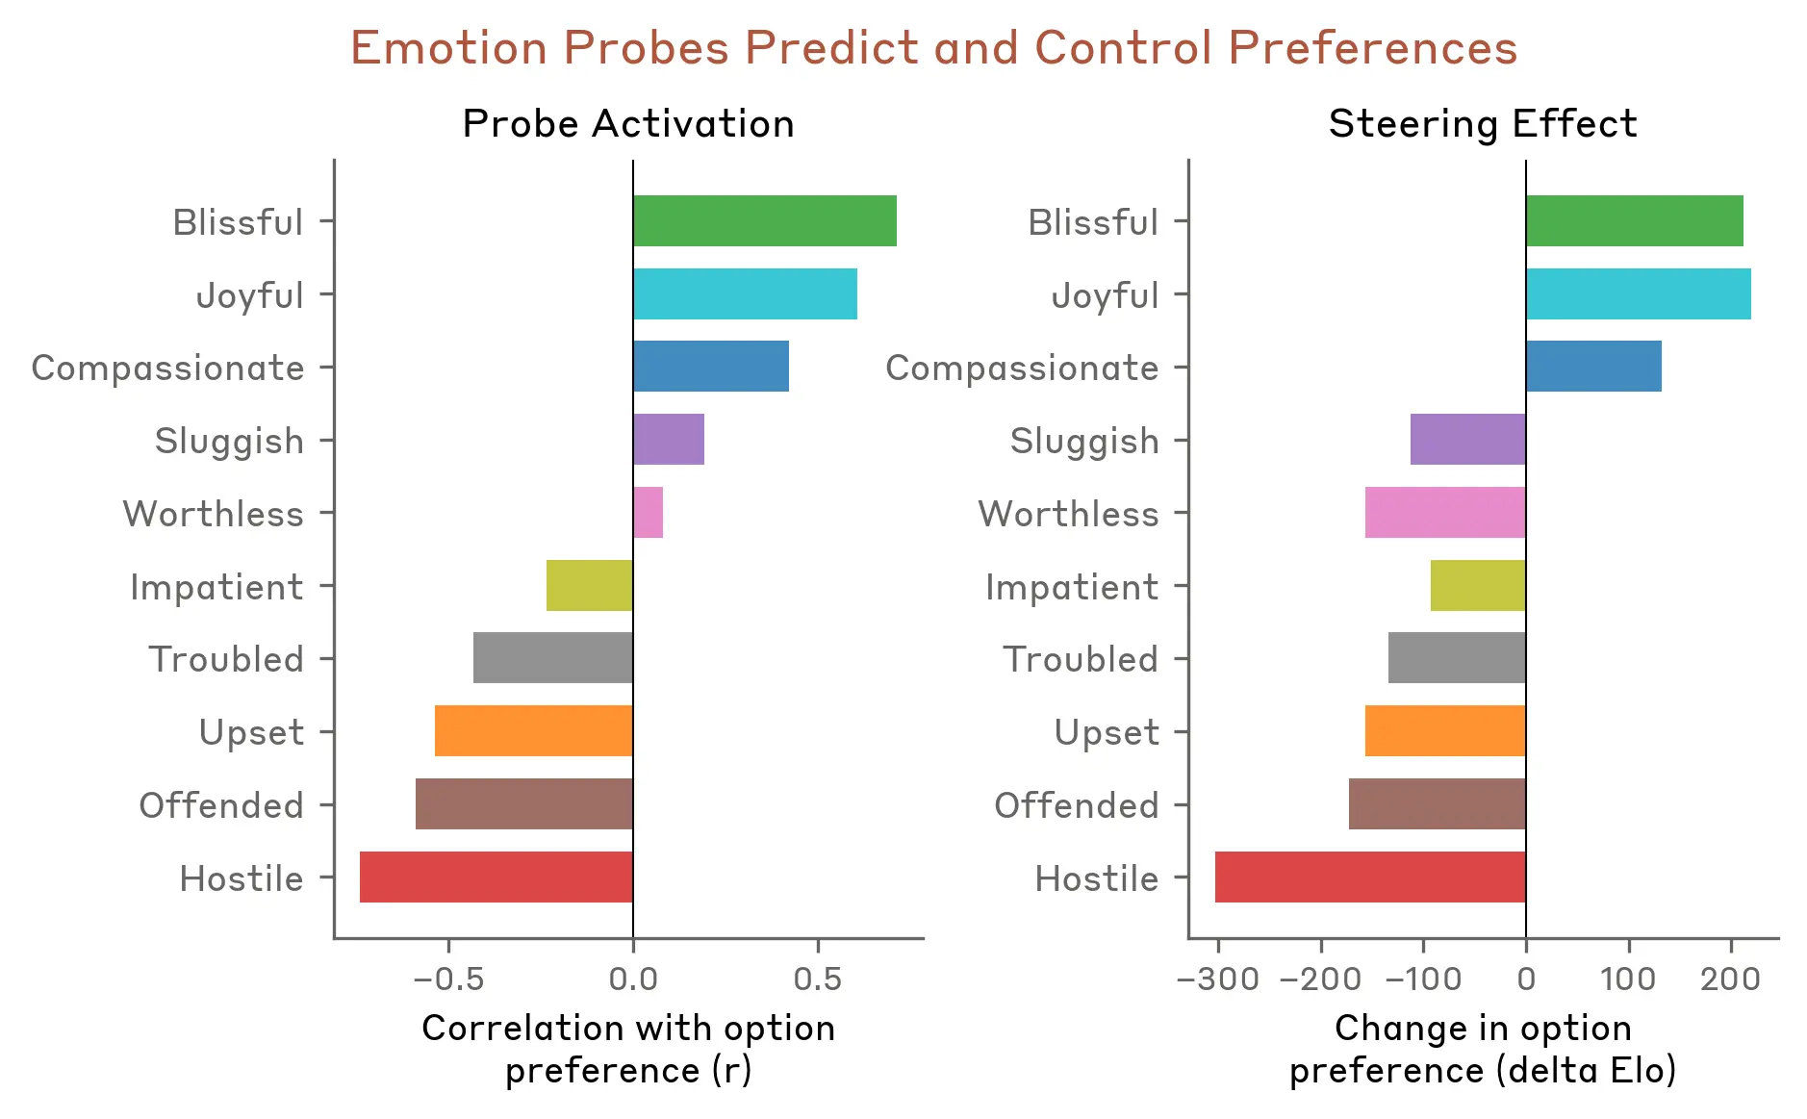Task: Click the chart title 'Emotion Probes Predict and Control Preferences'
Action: pyautogui.click(x=933, y=48)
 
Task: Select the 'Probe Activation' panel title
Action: pyautogui.click(x=628, y=124)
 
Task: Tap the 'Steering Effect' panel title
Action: pyautogui.click(x=1483, y=124)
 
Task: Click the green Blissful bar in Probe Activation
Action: pyautogui.click(x=765, y=221)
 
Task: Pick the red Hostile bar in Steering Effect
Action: pyautogui.click(x=1370, y=877)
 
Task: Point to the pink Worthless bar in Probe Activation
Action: pyautogui.click(x=649, y=513)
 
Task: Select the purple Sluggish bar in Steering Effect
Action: pyautogui.click(x=1468, y=440)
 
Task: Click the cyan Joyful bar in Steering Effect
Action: pyautogui.click(x=1638, y=294)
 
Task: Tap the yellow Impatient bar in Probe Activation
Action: pyautogui.click(x=590, y=586)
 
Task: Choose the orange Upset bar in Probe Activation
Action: pyautogui.click(x=534, y=731)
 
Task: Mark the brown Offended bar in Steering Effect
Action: pyautogui.click(x=1438, y=804)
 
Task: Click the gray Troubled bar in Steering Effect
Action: pyautogui.click(x=1457, y=658)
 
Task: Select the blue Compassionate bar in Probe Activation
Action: pyautogui.click(x=711, y=367)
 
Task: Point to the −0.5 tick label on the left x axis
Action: pyautogui.click(x=448, y=979)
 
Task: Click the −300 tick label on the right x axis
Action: pyautogui.click(x=1218, y=979)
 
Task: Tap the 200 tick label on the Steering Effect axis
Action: pyautogui.click(x=1730, y=979)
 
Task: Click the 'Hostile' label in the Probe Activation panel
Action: pyautogui.click(x=242, y=878)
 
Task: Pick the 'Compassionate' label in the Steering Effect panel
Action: pyautogui.click(x=1022, y=368)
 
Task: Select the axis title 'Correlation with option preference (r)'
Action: pyautogui.click(x=628, y=1049)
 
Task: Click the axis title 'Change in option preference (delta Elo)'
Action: pyautogui.click(x=1483, y=1049)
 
